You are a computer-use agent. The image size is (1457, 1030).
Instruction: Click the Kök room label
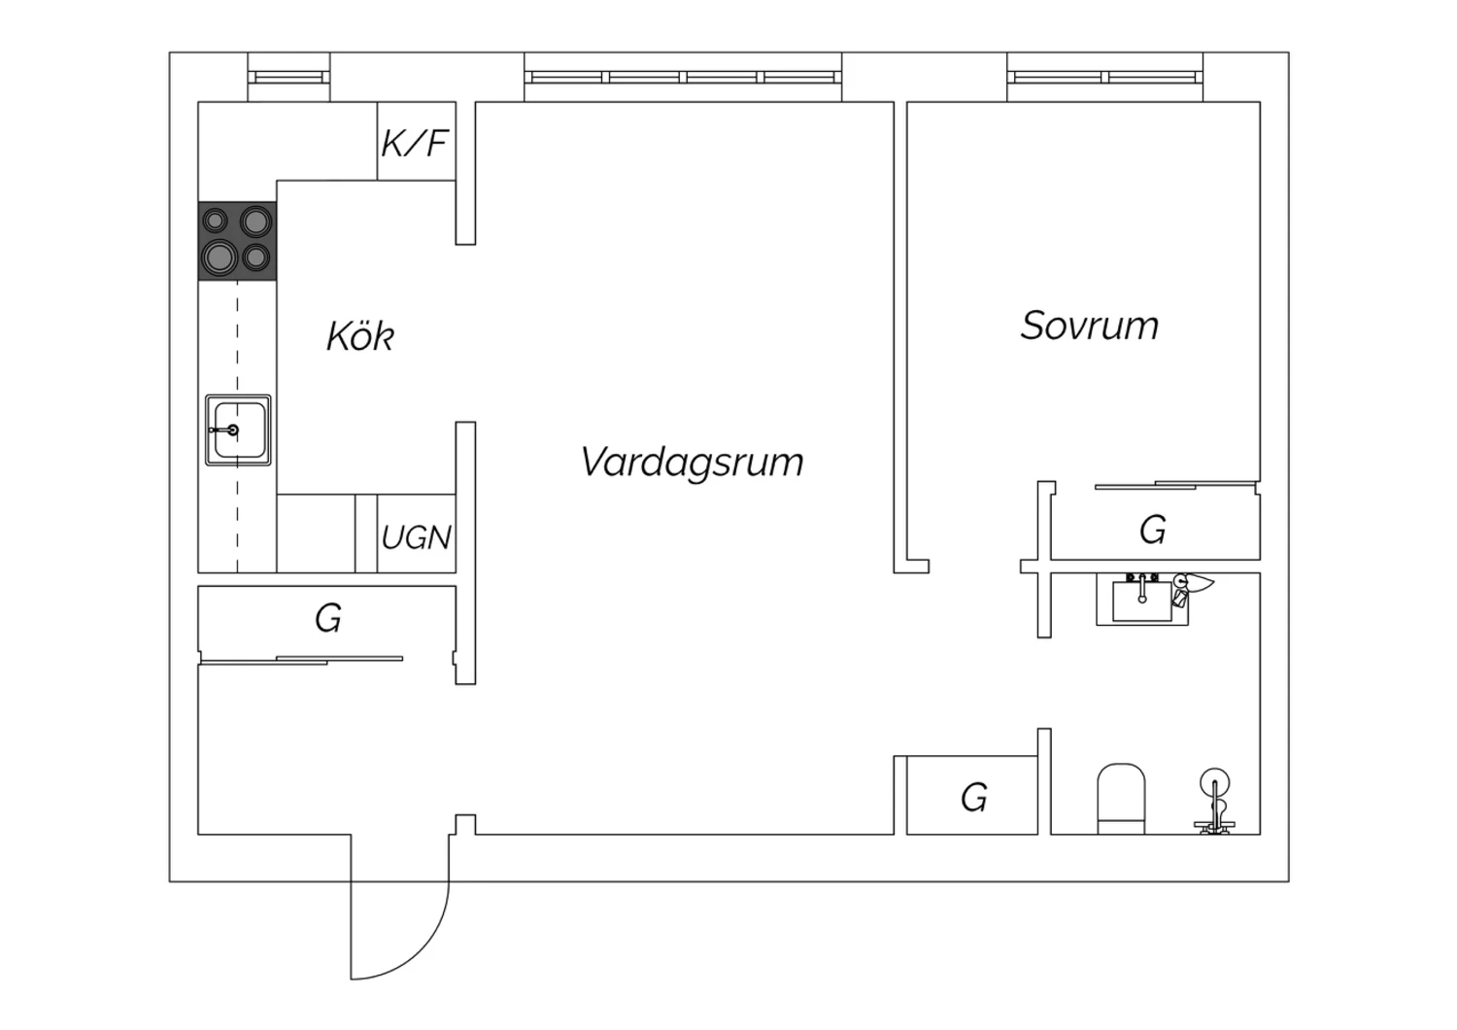coord(359,336)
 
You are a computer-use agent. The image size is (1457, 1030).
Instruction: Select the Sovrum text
coord(1090,326)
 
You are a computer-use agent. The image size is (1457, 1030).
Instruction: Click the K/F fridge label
coord(415,143)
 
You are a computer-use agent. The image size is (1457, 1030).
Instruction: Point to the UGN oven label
coord(417,537)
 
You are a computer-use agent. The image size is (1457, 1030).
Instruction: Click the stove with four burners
coord(237,241)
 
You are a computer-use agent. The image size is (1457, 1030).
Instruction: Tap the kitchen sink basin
coord(238,430)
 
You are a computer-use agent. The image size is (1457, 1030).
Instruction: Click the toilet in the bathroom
coord(1121,799)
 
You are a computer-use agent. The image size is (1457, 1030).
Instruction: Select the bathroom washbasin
coord(1142,600)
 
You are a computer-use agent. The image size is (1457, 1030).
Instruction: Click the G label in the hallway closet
coord(328,618)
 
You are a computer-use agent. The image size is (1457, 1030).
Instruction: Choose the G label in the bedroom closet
coord(1153,530)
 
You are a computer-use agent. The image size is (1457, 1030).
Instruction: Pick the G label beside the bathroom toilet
coord(973,798)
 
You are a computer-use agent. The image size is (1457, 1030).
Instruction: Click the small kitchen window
coord(288,78)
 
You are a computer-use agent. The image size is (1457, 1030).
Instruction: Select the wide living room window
coord(683,78)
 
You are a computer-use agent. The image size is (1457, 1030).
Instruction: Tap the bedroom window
coord(1105,78)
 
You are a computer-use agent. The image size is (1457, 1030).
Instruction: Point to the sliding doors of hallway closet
coord(302,661)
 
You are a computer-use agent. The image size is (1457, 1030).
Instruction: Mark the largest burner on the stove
coord(220,257)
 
